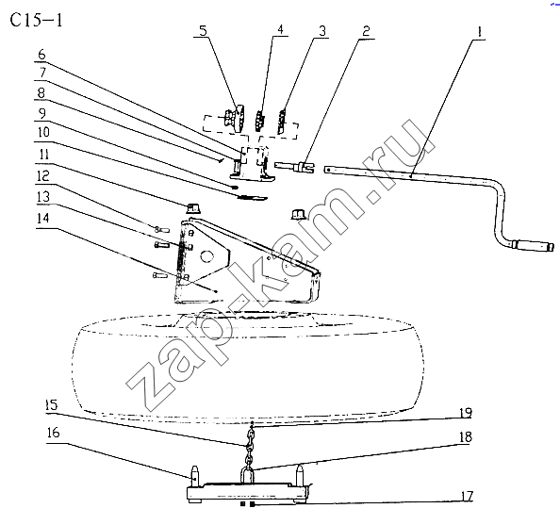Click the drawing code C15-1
pyautogui.click(x=36, y=20)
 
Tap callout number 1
pyautogui.click(x=479, y=31)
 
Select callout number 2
pyautogui.click(x=366, y=31)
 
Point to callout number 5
pyautogui.click(x=203, y=30)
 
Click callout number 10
pyautogui.click(x=43, y=132)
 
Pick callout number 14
pyautogui.click(x=42, y=218)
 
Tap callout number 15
pyautogui.click(x=52, y=404)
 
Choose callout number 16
pyautogui.click(x=53, y=433)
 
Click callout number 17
pyautogui.click(x=467, y=496)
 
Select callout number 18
pyautogui.click(x=466, y=436)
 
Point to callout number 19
pyautogui.click(x=466, y=413)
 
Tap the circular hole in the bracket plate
pyautogui.click(x=206, y=256)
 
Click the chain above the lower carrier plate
pyautogui.click(x=250, y=450)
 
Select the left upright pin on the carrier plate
pyautogui.click(x=195, y=476)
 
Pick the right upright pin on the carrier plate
pyautogui.click(x=300, y=474)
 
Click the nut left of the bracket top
pyautogui.click(x=193, y=207)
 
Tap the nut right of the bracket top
pyautogui.click(x=298, y=214)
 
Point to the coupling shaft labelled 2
pyautogui.click(x=294, y=167)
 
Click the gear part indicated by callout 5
pyautogui.click(x=235, y=118)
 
